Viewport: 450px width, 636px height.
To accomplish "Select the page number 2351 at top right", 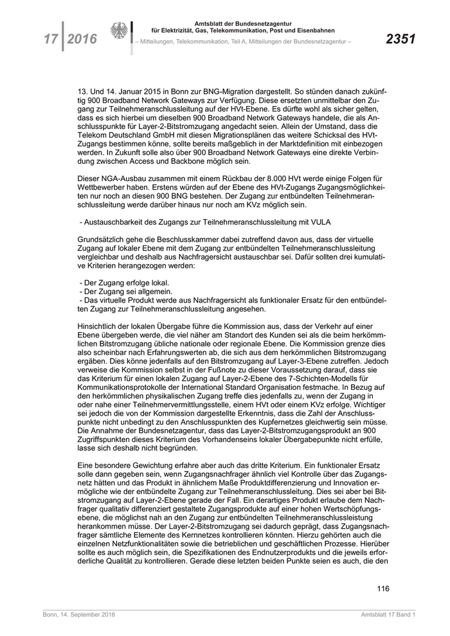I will click(x=400, y=40).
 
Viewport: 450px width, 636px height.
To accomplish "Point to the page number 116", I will click(x=382, y=588).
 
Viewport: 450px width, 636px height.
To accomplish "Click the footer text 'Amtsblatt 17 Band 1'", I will click(x=388, y=616).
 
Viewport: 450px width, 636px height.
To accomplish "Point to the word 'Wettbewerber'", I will click(x=100, y=186).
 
